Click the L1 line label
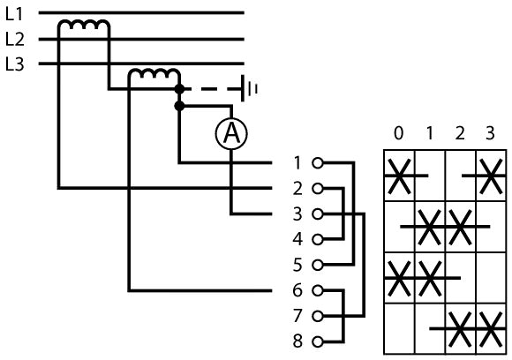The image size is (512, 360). coord(14,14)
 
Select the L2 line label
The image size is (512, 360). coord(15,39)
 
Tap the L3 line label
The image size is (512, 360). coord(15,64)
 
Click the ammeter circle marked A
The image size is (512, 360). coord(231,133)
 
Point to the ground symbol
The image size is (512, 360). coord(249,88)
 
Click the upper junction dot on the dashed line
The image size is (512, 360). coord(179,89)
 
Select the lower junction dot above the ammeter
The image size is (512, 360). coord(179,106)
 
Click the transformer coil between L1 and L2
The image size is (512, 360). coord(84,25)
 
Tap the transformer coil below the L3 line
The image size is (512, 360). coord(154,74)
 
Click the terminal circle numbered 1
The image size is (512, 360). coord(318,162)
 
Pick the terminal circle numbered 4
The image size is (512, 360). coord(318,240)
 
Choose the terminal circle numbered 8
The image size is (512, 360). coord(318,341)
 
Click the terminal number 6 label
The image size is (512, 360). coord(297,290)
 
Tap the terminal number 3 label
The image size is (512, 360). coord(297,214)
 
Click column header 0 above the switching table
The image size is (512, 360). coord(399,133)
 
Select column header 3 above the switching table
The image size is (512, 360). coord(490,133)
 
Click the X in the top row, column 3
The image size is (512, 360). coord(491,176)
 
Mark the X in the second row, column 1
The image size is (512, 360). coord(429,227)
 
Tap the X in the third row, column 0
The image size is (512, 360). coord(399,278)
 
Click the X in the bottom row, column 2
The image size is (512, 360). coord(460,329)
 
